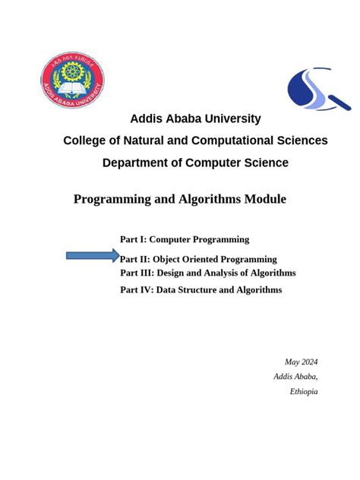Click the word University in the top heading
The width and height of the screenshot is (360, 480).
(x=228, y=118)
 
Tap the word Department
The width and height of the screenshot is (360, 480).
(x=137, y=163)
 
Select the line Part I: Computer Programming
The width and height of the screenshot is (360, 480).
(x=185, y=239)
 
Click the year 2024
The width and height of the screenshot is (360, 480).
(x=308, y=362)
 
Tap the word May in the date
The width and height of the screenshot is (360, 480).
(x=292, y=362)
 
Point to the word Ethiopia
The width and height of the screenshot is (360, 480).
(x=304, y=391)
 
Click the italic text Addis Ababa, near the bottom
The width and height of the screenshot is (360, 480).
(x=296, y=377)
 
